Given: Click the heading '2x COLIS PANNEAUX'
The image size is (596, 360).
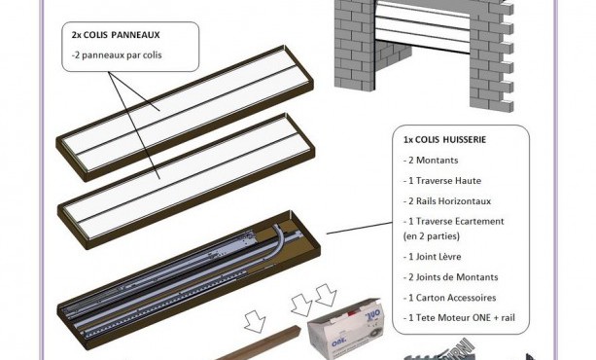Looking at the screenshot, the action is coord(116,35).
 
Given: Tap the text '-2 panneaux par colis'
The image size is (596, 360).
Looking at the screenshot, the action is coord(117,55).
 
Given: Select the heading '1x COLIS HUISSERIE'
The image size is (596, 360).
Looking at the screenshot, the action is coord(444,140).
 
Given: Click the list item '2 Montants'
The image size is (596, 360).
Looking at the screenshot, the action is coord(431,161).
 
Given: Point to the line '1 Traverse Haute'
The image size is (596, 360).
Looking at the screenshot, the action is coord(442,181).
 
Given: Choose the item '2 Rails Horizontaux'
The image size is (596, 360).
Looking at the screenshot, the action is coord(447,201).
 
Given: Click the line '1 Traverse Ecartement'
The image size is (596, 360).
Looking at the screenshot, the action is coord(453,222).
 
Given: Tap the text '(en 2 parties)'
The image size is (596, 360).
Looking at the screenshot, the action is coord(432,236).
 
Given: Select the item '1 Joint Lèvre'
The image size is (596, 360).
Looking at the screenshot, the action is coord(433,257).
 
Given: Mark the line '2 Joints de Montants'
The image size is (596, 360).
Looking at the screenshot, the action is coord(450,277).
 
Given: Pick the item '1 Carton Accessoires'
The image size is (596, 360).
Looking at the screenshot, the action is coord(449,298).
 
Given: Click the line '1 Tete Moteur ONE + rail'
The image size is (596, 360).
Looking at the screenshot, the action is coord(459,317).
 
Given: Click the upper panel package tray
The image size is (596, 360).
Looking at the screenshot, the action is coord(185,113).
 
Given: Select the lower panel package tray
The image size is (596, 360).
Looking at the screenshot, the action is coord(187,182).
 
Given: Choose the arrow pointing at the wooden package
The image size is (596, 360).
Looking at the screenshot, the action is coord(255,321).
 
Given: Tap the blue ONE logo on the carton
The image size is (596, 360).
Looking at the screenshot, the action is coord(338,342).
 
